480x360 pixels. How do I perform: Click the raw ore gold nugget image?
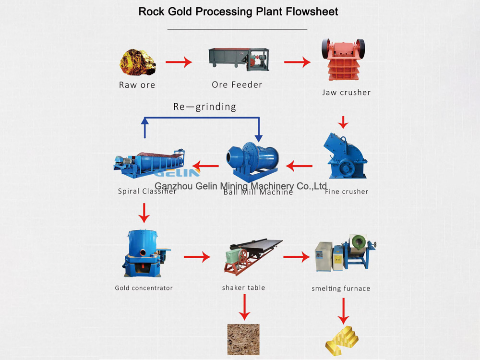138,62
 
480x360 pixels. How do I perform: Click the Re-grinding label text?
204,107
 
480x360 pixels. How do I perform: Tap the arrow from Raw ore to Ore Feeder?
179,62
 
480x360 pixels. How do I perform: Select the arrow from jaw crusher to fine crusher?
343,122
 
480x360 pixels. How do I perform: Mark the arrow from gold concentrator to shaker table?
197,257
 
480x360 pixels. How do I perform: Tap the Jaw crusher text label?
346,93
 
